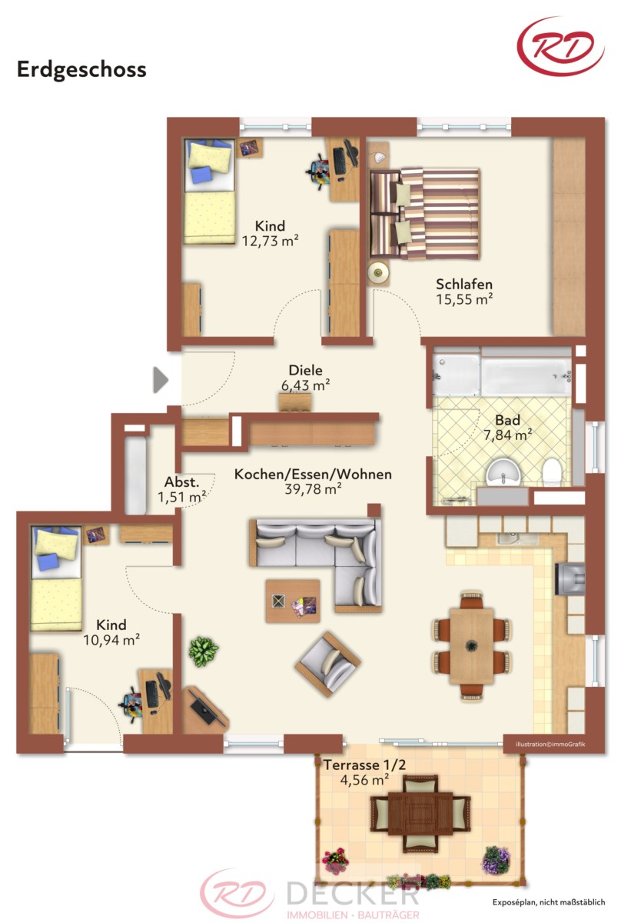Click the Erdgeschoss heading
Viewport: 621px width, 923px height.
click(x=81, y=70)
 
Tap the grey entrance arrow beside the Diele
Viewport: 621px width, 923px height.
click(x=161, y=379)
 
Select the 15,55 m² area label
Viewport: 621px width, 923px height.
click(x=464, y=299)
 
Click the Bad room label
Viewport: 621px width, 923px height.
click(x=507, y=420)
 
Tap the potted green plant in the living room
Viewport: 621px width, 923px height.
click(x=204, y=651)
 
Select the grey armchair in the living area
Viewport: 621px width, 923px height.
click(x=328, y=664)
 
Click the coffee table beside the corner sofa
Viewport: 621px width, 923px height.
click(x=293, y=601)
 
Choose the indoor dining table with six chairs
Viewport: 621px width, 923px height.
click(x=472, y=646)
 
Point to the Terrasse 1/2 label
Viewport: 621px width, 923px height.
click(x=365, y=765)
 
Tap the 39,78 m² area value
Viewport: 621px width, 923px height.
click(x=313, y=489)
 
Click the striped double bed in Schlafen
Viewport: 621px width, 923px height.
click(x=424, y=214)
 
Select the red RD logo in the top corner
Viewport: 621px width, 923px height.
click(x=560, y=46)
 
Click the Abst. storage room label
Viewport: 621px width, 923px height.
click(x=181, y=481)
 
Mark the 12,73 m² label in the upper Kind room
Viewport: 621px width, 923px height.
click(x=270, y=241)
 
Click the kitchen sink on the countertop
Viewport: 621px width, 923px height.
click(x=510, y=538)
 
